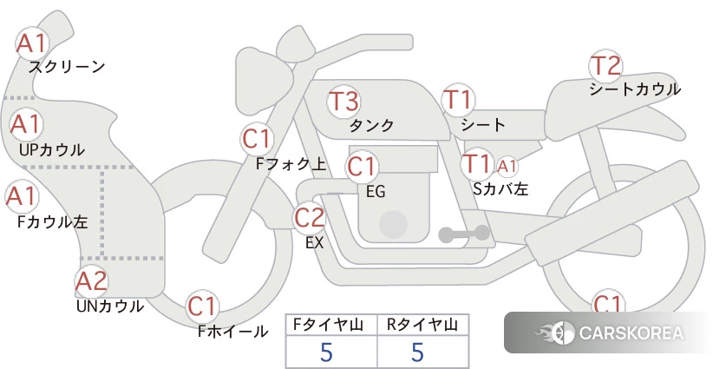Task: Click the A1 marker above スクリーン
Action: tap(31, 43)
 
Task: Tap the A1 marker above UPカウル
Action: tap(26, 124)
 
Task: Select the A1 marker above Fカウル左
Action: tap(22, 196)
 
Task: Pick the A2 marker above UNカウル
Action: tap(91, 280)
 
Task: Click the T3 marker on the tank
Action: tap(343, 101)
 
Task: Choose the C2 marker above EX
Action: tap(309, 217)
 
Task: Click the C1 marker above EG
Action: tap(362, 166)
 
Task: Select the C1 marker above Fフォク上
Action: tap(258, 139)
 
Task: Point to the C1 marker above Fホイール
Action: tap(203, 306)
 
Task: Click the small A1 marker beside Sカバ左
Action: tap(507, 167)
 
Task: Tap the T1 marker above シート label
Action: tap(459, 100)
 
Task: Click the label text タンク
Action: tap(371, 125)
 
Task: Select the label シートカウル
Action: tap(635, 89)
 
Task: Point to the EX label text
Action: tap(314, 243)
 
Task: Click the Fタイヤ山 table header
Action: tap(328, 325)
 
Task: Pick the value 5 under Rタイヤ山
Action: tap(417, 352)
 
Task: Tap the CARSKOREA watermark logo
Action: tap(609, 333)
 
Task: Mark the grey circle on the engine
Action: tap(393, 224)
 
